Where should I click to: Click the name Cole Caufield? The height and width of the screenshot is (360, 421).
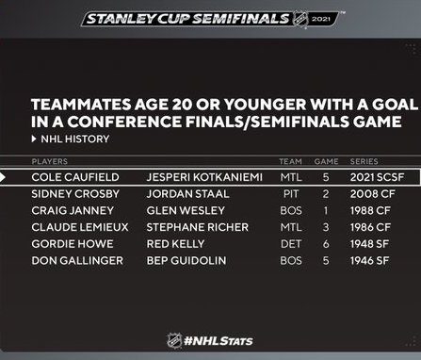(x=75, y=177)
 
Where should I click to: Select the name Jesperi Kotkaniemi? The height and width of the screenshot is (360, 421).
(x=204, y=177)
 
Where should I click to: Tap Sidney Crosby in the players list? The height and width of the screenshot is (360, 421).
(x=75, y=194)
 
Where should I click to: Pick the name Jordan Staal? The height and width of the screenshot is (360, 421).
(x=187, y=194)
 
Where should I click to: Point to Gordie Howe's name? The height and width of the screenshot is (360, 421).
(x=73, y=244)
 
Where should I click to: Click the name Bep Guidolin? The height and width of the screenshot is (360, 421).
(x=186, y=260)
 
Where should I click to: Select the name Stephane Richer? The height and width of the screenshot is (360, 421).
(x=197, y=227)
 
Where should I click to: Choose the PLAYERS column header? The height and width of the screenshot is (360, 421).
(x=50, y=161)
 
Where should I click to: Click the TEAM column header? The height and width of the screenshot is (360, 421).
(x=290, y=161)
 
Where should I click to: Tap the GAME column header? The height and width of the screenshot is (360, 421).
(x=326, y=161)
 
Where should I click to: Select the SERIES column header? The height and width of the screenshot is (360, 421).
(x=364, y=161)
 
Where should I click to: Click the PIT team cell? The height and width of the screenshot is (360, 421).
(x=291, y=194)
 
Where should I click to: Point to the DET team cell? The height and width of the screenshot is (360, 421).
(x=291, y=244)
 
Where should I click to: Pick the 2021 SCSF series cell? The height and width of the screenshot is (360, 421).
(x=377, y=177)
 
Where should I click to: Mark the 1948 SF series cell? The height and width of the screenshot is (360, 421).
(x=369, y=244)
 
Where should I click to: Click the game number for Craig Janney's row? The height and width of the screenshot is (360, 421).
(x=326, y=210)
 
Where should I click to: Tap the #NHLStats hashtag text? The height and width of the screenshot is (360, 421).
(x=219, y=341)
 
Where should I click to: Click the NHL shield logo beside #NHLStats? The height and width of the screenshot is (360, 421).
(x=174, y=340)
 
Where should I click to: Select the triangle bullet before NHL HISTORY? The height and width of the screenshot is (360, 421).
(x=34, y=139)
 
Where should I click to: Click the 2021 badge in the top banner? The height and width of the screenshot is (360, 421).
(x=321, y=19)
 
